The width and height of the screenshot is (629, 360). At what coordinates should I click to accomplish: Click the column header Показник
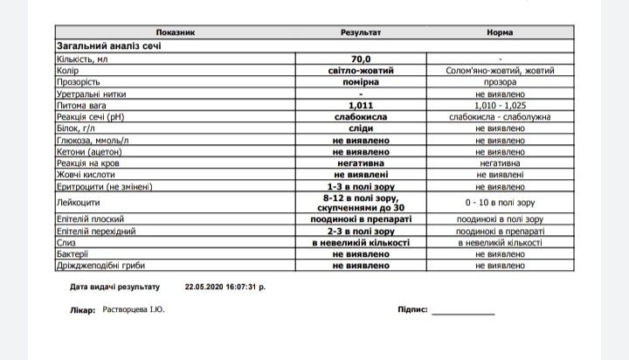(x=176, y=32)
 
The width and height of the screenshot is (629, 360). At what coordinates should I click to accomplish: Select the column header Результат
(x=361, y=32)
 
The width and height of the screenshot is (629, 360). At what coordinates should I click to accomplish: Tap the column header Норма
(x=500, y=32)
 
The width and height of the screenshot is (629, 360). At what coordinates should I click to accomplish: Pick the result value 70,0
(x=361, y=59)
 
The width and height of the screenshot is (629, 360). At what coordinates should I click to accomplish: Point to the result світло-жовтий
(x=361, y=70)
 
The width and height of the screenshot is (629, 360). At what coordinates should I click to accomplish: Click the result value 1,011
(x=361, y=104)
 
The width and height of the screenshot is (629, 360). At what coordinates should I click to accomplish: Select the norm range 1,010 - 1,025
(x=500, y=104)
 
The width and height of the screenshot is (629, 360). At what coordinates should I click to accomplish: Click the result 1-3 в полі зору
(x=361, y=185)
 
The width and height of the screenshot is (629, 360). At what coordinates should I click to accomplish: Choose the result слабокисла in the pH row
(x=361, y=116)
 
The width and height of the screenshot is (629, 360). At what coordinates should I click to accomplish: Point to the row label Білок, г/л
(x=77, y=128)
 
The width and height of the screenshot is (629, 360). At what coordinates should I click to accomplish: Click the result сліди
(x=361, y=128)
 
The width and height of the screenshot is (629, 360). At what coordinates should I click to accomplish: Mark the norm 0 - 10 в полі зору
(x=500, y=202)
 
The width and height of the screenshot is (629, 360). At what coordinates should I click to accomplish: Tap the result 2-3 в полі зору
(x=361, y=230)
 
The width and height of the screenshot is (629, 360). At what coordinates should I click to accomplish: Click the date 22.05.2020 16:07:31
(x=225, y=286)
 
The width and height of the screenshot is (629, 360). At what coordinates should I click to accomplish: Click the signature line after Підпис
(x=462, y=312)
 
